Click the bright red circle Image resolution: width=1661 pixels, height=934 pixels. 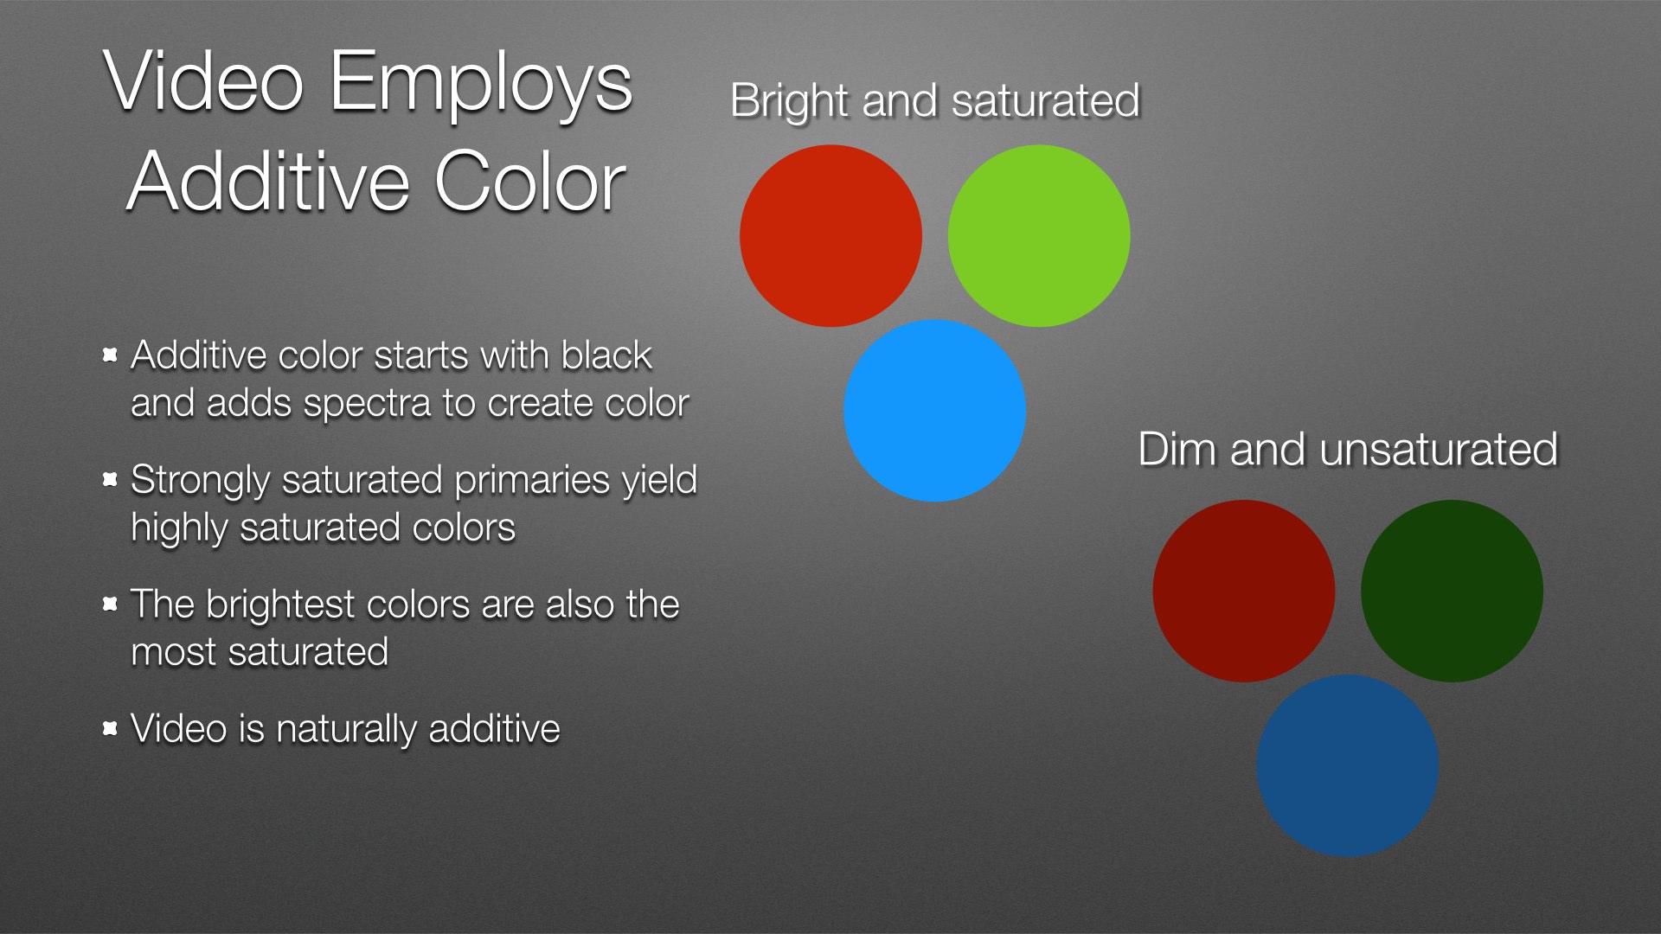tap(830, 235)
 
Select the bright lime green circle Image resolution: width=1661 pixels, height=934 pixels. tap(1039, 235)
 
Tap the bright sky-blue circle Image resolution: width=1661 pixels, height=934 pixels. tap(934, 410)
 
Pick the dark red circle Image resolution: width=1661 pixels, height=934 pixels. tap(1244, 591)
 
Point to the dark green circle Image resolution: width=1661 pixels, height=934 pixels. tap(1452, 591)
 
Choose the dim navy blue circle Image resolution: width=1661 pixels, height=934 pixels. tap(1348, 765)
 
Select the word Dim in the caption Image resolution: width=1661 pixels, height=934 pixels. tap(1177, 450)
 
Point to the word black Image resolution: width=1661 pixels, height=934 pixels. tap(606, 355)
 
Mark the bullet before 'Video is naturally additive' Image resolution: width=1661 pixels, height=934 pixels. tap(110, 729)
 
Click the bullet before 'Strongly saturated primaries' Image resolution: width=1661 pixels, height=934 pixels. tap(110, 479)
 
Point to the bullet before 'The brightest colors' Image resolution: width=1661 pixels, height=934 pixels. tap(110, 604)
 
